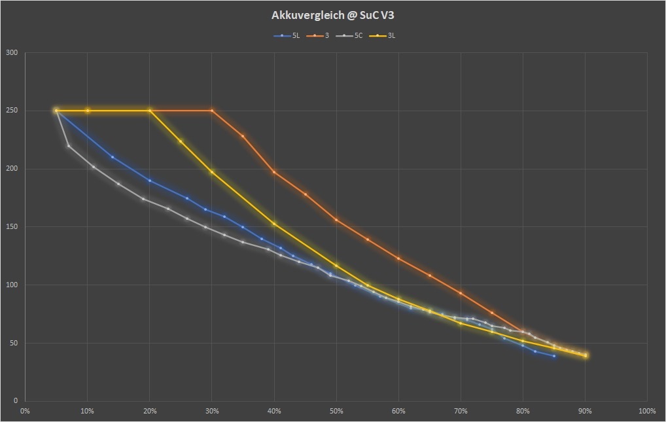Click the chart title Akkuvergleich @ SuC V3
pos(333,15)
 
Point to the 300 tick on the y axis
pos(12,53)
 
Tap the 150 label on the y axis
pos(12,227)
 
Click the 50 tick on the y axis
pos(14,343)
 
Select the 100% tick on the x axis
pos(646,411)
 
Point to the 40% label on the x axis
pos(274,411)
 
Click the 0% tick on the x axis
pos(25,411)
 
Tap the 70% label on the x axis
pos(461,411)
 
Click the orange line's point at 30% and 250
pos(212,111)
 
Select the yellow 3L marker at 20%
pos(150,111)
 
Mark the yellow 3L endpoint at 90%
pos(586,355)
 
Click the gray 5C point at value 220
pos(69,146)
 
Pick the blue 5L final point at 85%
pos(554,356)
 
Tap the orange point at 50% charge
pos(336,220)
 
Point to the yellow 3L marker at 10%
pos(88,111)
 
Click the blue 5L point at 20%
pos(150,181)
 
